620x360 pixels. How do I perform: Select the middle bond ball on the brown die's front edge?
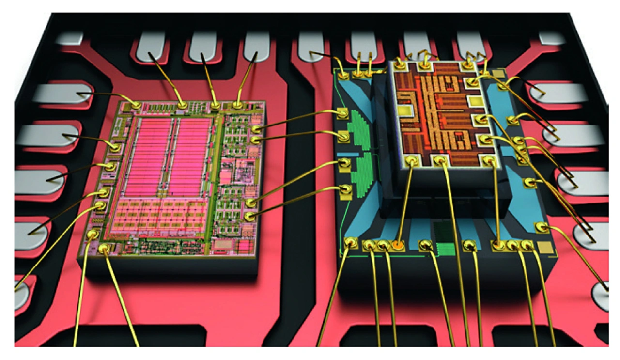click(x=440, y=160)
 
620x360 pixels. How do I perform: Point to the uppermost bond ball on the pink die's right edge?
click(x=257, y=129)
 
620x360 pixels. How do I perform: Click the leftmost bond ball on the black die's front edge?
click(x=350, y=242)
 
